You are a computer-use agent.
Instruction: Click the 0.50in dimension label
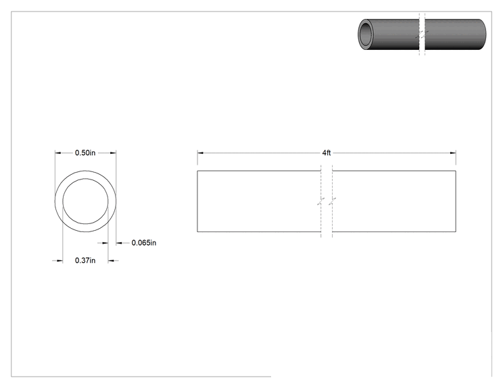pos(85,153)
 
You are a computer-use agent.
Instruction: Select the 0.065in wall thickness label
pos(144,243)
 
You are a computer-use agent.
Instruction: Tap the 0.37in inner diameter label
pos(85,260)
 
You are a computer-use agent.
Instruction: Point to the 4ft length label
pos(327,153)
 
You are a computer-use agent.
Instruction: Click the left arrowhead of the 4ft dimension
pos(200,153)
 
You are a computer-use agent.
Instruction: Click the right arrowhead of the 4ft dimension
pos(453,153)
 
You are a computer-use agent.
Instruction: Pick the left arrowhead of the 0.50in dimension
pos(58,153)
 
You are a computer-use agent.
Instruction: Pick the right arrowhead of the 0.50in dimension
pos(113,153)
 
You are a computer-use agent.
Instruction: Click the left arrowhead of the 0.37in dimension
pos(59,261)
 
